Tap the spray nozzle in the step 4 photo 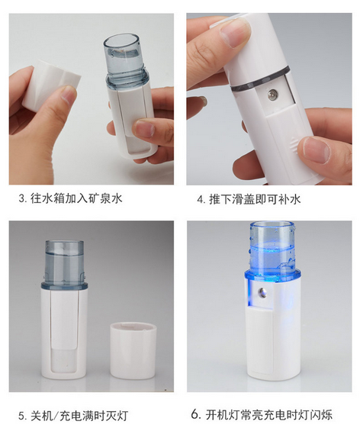(x=272, y=95)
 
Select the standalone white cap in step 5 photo (x=133, y=351)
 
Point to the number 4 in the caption (x=200, y=199)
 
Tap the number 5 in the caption (x=21, y=416)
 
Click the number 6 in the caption (x=194, y=414)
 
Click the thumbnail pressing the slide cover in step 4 (x=317, y=150)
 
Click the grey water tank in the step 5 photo (x=64, y=263)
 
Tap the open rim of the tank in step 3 (x=122, y=41)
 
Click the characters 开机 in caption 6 (x=217, y=414)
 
